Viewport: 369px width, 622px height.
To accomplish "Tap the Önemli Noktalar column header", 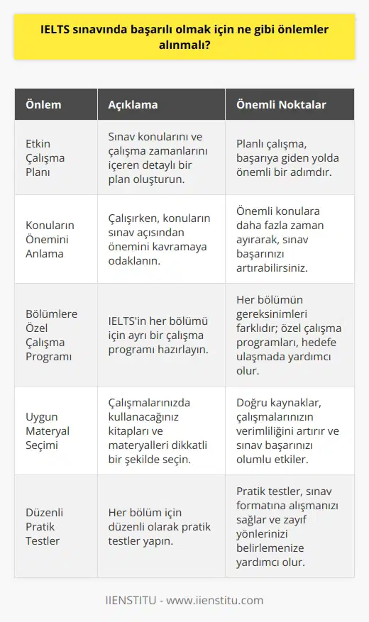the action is click(281, 105).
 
